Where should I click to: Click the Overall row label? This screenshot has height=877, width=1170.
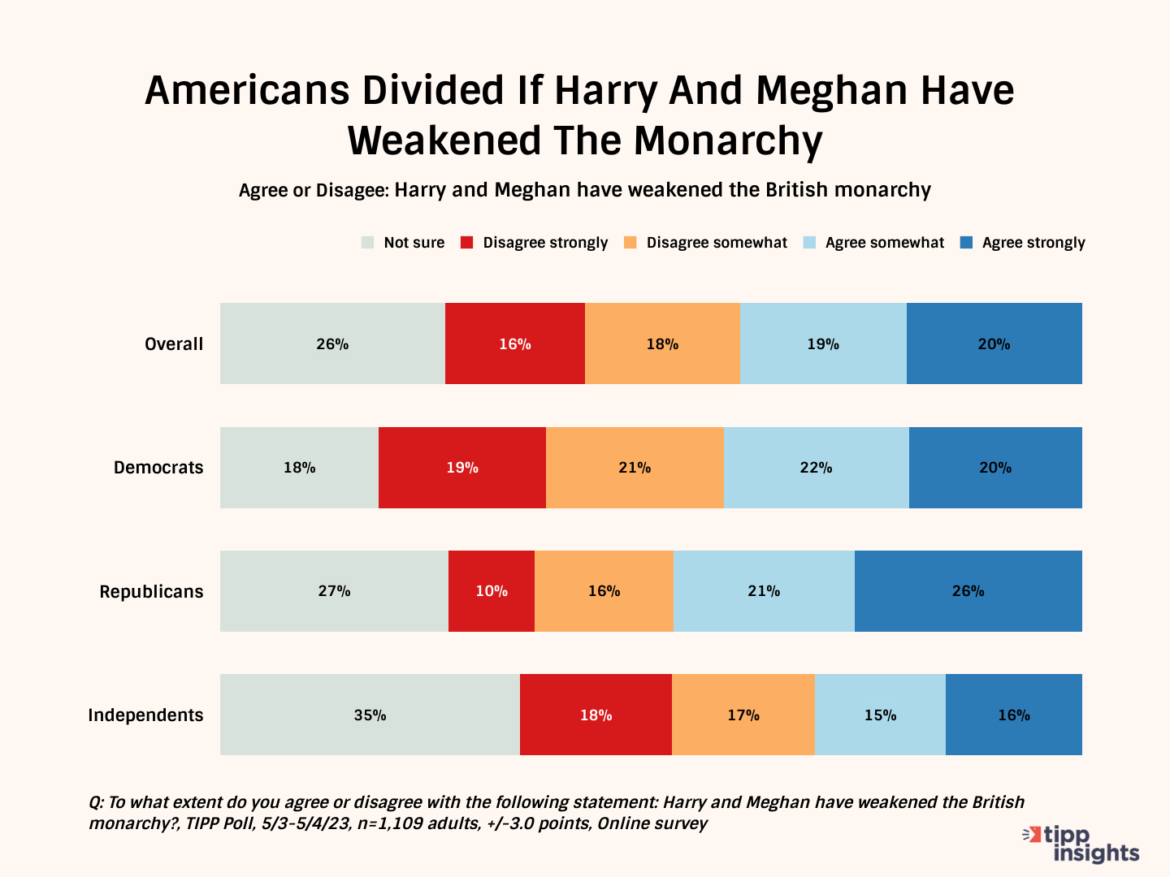pos(174,344)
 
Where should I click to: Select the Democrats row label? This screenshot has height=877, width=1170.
pos(158,468)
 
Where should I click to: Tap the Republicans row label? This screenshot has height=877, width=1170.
pos(151,592)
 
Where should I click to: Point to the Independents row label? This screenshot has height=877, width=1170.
pos(145,715)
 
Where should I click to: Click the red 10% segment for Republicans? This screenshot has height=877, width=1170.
pos(492,591)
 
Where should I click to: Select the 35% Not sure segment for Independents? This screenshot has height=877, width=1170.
pos(370,715)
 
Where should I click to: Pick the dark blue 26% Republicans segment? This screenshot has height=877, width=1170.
pos(968,591)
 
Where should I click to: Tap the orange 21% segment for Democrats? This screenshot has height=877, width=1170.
pos(635,468)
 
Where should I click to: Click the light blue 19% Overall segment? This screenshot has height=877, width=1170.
pos(823,343)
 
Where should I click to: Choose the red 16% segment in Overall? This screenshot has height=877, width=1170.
pos(514,343)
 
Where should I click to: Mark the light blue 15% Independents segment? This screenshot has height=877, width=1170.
pos(880,715)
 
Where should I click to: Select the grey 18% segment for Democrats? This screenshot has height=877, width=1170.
pos(299,468)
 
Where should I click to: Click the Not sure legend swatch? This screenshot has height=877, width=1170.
pos(368,243)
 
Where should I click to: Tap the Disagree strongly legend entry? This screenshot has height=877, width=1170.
pos(544,243)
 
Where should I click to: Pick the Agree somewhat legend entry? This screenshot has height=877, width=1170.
pos(884,243)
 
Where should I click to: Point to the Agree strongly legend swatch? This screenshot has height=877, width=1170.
pos(967,243)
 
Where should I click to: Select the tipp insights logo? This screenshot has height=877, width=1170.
pos(1082,845)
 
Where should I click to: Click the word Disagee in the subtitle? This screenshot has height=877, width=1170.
pos(352,190)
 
